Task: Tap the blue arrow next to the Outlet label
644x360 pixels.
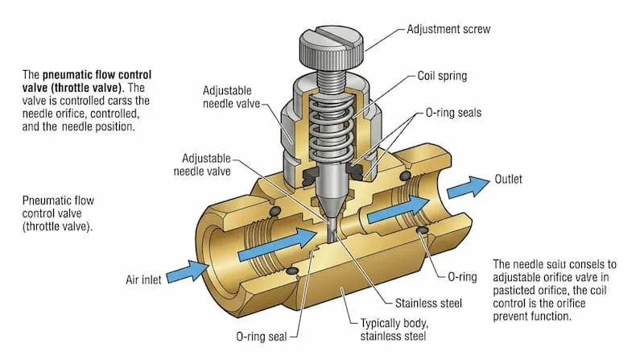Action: [x=467, y=187]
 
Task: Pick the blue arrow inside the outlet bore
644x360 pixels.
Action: [x=394, y=211]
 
